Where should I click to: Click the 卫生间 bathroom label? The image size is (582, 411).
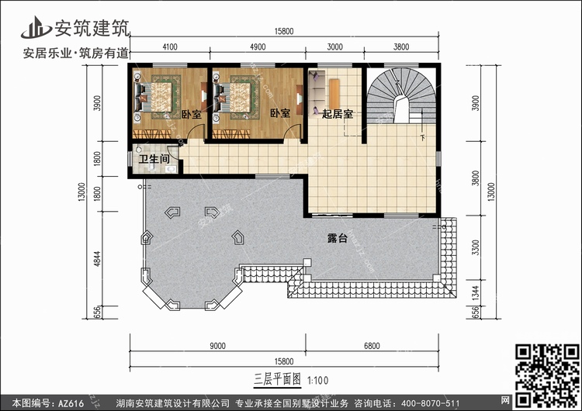154,159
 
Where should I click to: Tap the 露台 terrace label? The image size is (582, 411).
338,238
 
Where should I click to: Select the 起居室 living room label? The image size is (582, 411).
338,114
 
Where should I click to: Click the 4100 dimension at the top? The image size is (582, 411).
170,47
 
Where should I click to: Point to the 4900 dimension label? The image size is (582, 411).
258,47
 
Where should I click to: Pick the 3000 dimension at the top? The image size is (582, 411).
334,47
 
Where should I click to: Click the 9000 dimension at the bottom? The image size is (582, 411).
217,346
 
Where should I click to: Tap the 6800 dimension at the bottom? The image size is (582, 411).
372,346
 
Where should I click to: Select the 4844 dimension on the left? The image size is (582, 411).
97,258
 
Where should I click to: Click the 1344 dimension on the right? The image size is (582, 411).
476,292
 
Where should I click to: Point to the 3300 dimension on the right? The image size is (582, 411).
476,247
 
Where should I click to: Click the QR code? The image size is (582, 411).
548,375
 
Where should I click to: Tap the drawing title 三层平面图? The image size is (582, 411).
277,379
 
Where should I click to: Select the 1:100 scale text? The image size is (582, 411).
318,380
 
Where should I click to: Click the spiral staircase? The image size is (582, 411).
401,95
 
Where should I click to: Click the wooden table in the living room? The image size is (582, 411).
334,94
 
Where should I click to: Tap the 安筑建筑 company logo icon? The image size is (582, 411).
36,27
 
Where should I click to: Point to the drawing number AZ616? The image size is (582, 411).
71,403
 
